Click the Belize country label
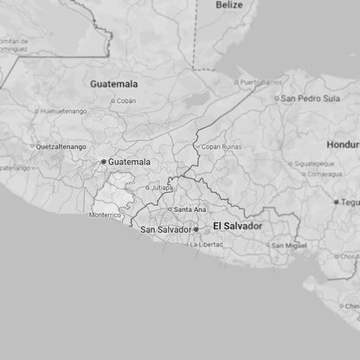[229, 5]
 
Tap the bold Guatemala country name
[114, 84]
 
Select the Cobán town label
[126, 100]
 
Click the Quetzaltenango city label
[60, 147]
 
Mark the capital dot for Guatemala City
[104, 162]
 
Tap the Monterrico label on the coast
[105, 215]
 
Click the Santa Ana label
[190, 209]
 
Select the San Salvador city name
[165, 229]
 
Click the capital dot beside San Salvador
[196, 229]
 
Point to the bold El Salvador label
[237, 226]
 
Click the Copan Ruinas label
[223, 148]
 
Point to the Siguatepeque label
[313, 163]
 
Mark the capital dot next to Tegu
[337, 202]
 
